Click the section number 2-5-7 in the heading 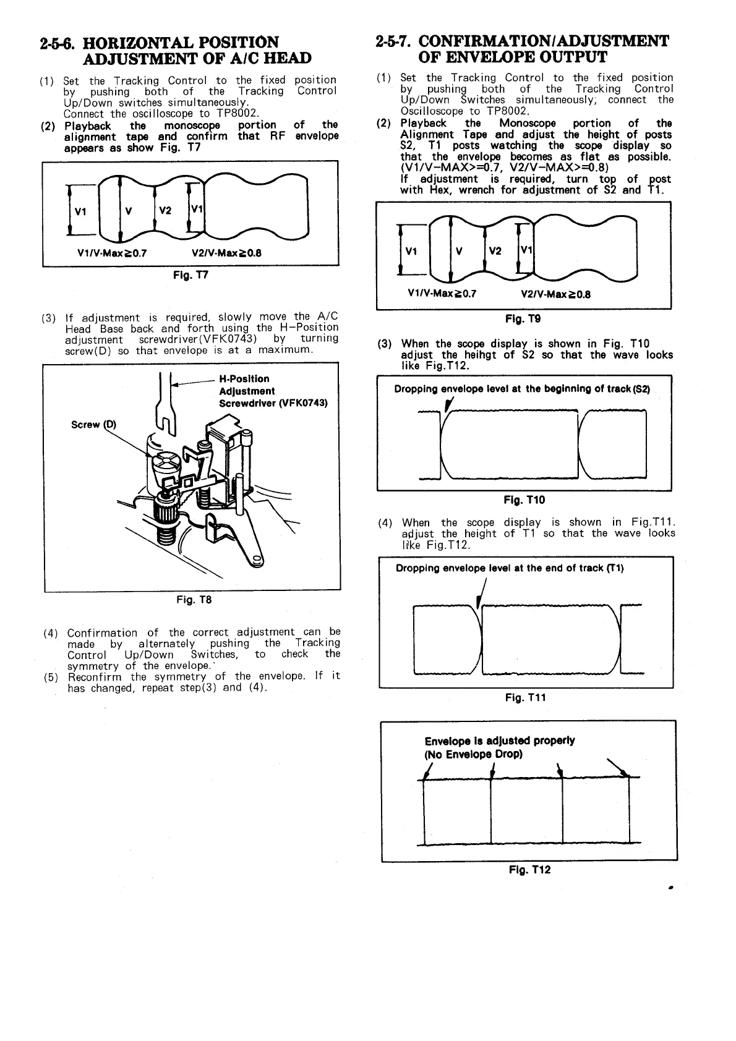coord(393,42)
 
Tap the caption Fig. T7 coord(190,275)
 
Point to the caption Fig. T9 coord(523,319)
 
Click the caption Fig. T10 coord(524,499)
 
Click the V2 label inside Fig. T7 coord(165,210)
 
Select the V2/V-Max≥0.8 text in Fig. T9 coord(555,294)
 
